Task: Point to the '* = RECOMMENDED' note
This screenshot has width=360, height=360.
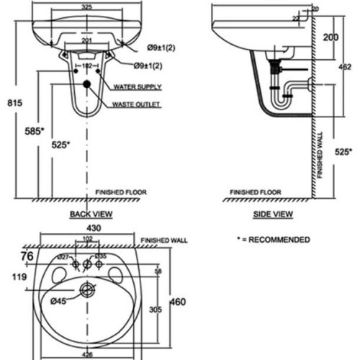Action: (274, 239)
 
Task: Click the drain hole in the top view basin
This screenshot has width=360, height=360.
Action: (87, 291)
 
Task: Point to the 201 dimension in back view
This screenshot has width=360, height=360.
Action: (86, 40)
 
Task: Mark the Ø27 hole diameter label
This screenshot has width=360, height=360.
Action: (62, 256)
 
